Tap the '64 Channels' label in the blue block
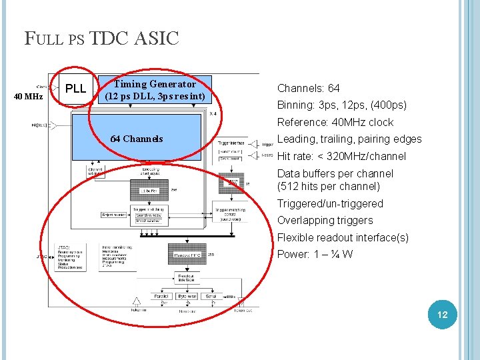pos(137,139)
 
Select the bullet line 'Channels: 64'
pos(308,88)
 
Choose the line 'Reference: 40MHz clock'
pos(335,122)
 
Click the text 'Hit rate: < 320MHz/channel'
pos(341,156)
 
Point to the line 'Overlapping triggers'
pos(325,220)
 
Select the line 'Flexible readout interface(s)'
pos(343,237)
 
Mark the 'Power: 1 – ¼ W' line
pos(315,254)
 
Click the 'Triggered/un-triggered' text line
pos(330,203)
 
